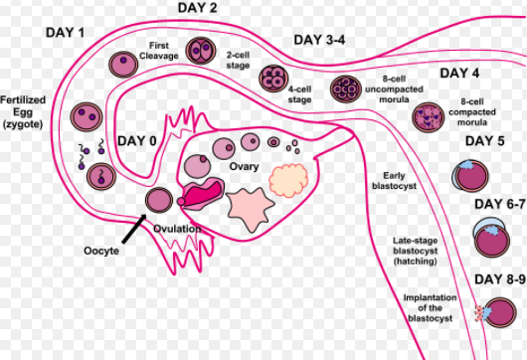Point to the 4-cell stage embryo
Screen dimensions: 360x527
pyautogui.click(x=272, y=78)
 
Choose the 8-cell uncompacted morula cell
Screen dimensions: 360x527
pyautogui.click(x=344, y=89)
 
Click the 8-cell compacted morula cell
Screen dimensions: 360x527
pyautogui.click(x=428, y=116)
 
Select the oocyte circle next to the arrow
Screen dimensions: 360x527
pyautogui.click(x=159, y=200)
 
